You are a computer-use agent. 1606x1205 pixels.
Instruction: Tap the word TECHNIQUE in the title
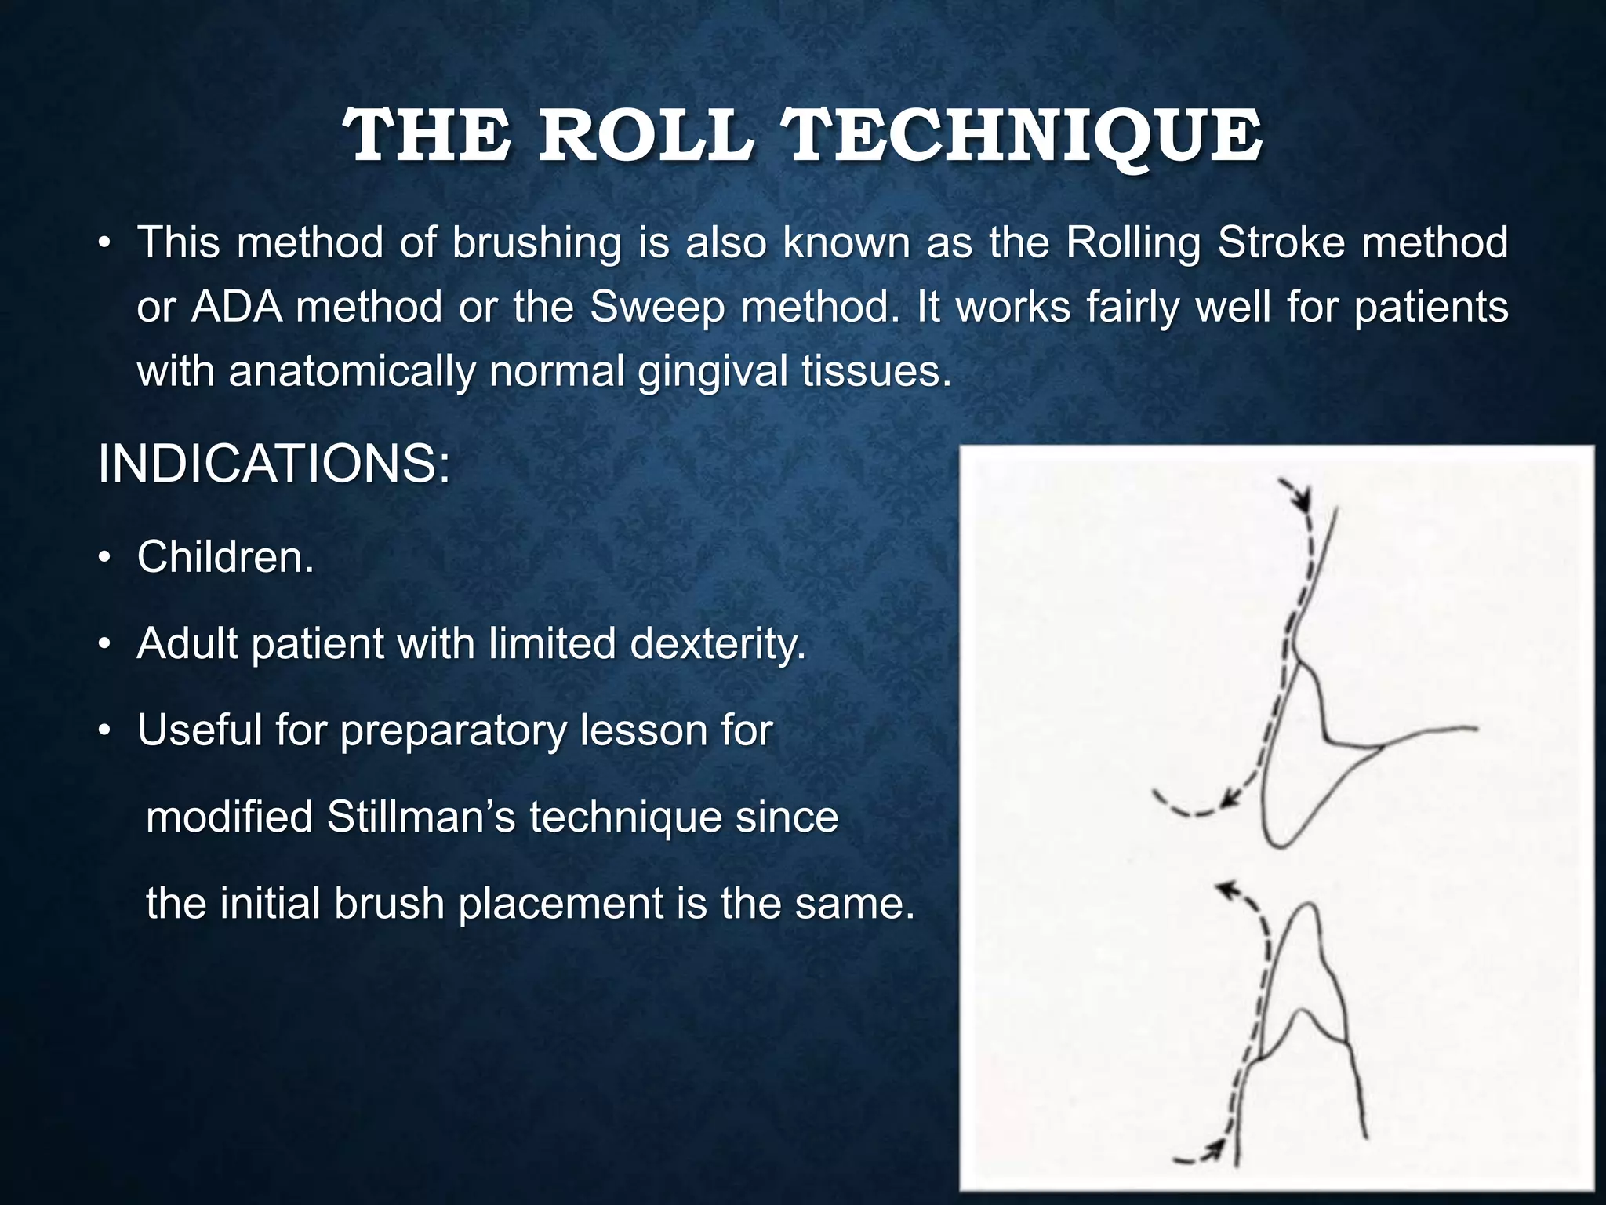[1023, 137]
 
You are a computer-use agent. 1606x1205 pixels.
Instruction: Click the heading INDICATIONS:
[274, 464]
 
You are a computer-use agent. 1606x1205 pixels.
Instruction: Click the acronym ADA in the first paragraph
[237, 306]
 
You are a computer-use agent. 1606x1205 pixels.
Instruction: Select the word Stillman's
[420, 817]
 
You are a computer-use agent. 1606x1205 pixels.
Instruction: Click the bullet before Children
[104, 559]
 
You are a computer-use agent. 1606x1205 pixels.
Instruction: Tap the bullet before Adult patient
[104, 646]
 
